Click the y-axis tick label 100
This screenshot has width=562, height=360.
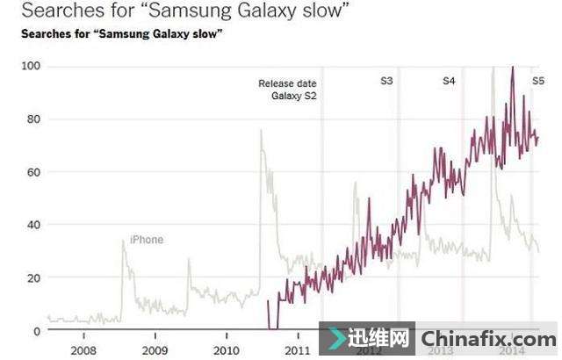point(31,68)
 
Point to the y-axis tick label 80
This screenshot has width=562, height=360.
point(33,119)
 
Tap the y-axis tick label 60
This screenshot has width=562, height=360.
point(33,172)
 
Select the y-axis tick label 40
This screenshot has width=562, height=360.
point(33,225)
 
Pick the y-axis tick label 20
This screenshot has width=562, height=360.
point(33,277)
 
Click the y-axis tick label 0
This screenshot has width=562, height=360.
point(37,330)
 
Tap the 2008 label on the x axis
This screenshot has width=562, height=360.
point(83,349)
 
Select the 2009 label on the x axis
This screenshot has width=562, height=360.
point(155,349)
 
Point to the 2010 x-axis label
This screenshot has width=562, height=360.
point(227,349)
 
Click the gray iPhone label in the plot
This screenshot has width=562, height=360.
point(147,240)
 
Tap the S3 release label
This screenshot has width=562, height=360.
point(386,82)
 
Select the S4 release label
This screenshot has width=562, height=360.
point(449,82)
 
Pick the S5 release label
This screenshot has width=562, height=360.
point(538,82)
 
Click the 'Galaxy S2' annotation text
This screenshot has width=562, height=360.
point(293,97)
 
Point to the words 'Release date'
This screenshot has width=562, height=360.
point(287,84)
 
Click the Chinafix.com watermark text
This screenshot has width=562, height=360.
point(487,339)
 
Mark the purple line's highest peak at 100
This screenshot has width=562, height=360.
point(512,68)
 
